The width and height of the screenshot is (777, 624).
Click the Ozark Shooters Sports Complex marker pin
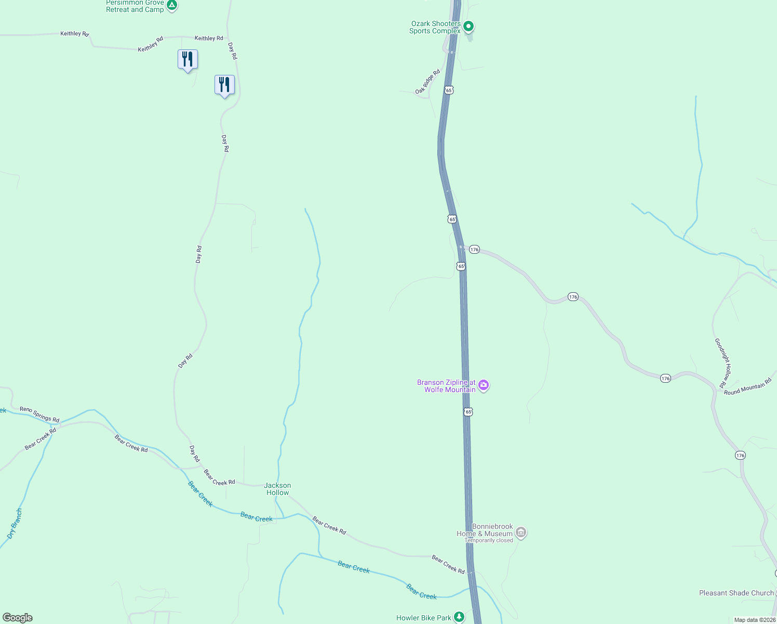[x=468, y=26]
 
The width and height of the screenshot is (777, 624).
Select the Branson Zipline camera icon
[x=484, y=385]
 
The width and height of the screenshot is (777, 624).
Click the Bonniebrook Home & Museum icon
[x=521, y=532]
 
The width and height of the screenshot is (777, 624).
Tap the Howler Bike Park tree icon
[x=459, y=617]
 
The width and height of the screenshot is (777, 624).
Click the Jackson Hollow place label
[x=278, y=489]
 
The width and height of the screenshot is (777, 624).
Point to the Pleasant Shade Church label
[x=736, y=593]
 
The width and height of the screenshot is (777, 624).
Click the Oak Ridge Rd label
[x=427, y=82]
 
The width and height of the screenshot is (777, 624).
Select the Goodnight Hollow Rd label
[x=723, y=362]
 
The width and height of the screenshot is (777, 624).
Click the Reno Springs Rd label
[x=39, y=414]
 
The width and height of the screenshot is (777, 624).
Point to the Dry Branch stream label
[x=15, y=523]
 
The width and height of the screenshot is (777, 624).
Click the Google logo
[x=18, y=618]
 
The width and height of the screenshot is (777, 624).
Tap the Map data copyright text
[x=754, y=620]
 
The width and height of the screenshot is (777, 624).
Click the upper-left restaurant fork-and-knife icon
[x=187, y=59]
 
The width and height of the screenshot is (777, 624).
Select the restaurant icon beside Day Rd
[x=224, y=85]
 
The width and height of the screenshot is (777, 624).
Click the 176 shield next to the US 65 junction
[x=474, y=250]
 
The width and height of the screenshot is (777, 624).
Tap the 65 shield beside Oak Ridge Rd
[x=449, y=90]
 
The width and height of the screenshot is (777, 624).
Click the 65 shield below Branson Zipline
[x=468, y=412]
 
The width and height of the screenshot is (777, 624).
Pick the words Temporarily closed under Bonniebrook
[x=489, y=540]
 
